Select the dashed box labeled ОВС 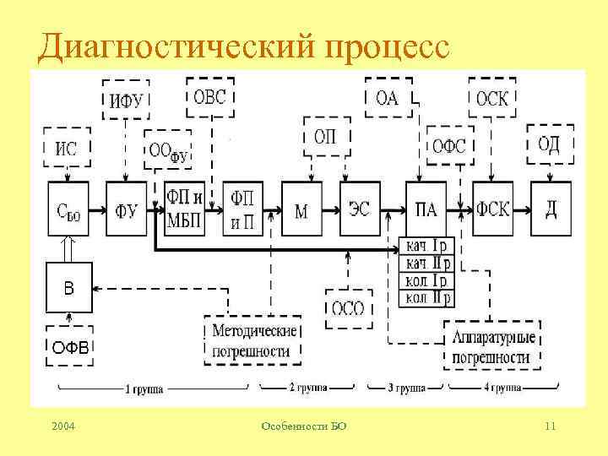coord(210,96)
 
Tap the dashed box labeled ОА coord(387,97)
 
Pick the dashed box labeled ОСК coord(492,97)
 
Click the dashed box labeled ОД coord(550,144)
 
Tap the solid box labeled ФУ coord(126,209)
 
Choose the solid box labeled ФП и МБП coord(184,209)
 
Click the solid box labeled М coord(301,209)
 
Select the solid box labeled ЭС coord(360,209)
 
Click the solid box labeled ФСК coord(492,209)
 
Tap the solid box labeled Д coord(551,209)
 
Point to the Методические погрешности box coord(252,340)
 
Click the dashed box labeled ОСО coord(347,308)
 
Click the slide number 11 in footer coord(550,427)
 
